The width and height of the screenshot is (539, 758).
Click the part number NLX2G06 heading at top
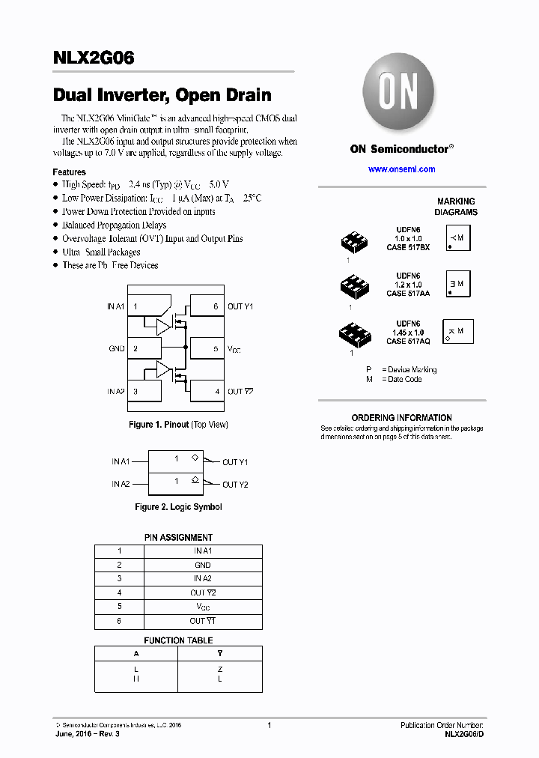(94, 58)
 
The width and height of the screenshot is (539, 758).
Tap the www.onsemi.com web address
(401, 169)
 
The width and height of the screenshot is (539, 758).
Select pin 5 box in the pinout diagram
(206, 348)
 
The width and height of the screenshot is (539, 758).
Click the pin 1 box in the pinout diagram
(144, 306)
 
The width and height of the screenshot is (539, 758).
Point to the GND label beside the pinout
(116, 348)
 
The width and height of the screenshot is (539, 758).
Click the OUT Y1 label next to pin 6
(240, 306)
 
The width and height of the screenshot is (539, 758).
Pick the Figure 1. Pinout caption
(178, 425)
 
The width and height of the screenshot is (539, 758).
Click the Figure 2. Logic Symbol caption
(178, 507)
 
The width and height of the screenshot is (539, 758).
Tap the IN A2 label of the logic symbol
(121, 484)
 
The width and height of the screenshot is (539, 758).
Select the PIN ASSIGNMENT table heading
(178, 537)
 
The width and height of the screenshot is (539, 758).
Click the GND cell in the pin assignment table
(202, 565)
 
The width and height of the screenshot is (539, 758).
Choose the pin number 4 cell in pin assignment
(119, 592)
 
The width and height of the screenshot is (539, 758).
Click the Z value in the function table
(220, 669)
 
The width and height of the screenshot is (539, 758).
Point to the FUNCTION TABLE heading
(178, 640)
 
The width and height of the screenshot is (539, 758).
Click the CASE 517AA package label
(408, 294)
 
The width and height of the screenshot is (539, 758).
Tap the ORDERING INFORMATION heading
(402, 418)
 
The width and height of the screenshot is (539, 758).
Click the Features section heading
(69, 172)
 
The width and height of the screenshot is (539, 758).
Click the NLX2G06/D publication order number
(464, 736)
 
